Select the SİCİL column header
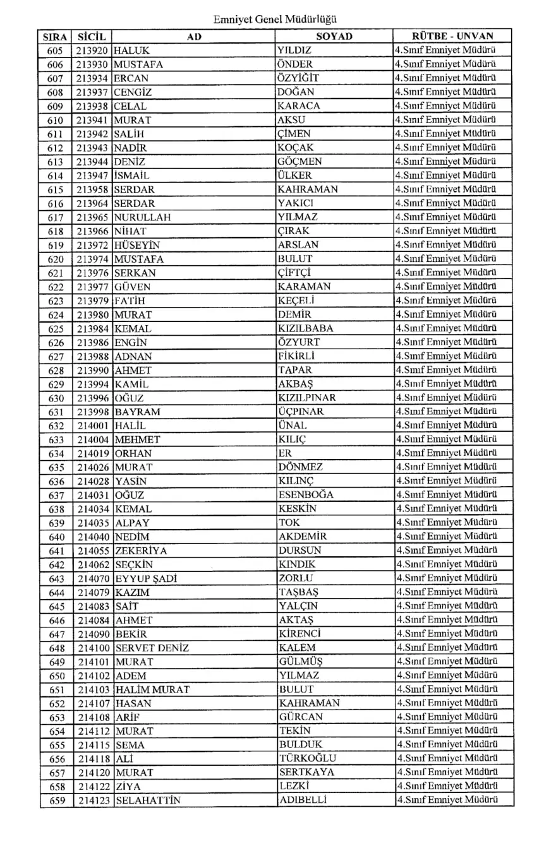(92, 37)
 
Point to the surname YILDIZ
(294, 50)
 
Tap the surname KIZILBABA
(306, 328)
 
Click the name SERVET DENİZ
(152, 648)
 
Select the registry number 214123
(94, 800)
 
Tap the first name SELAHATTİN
(148, 800)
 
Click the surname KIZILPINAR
(306, 398)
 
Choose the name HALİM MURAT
(152, 689)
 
